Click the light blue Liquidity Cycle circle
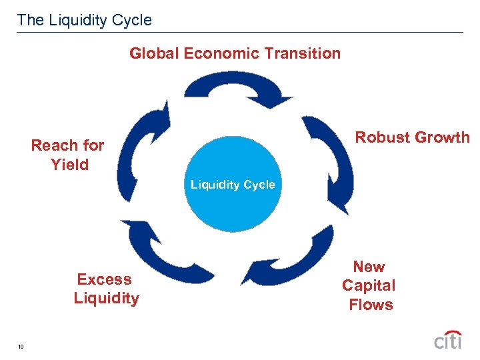pos(233,184)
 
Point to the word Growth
pos(443,137)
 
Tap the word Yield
pos(69,164)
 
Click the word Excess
pos(104,279)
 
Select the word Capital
pos(369,285)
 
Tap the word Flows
pos(371,305)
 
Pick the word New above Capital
pos(369,267)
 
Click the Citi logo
pos(447,339)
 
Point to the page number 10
pos(22,346)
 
